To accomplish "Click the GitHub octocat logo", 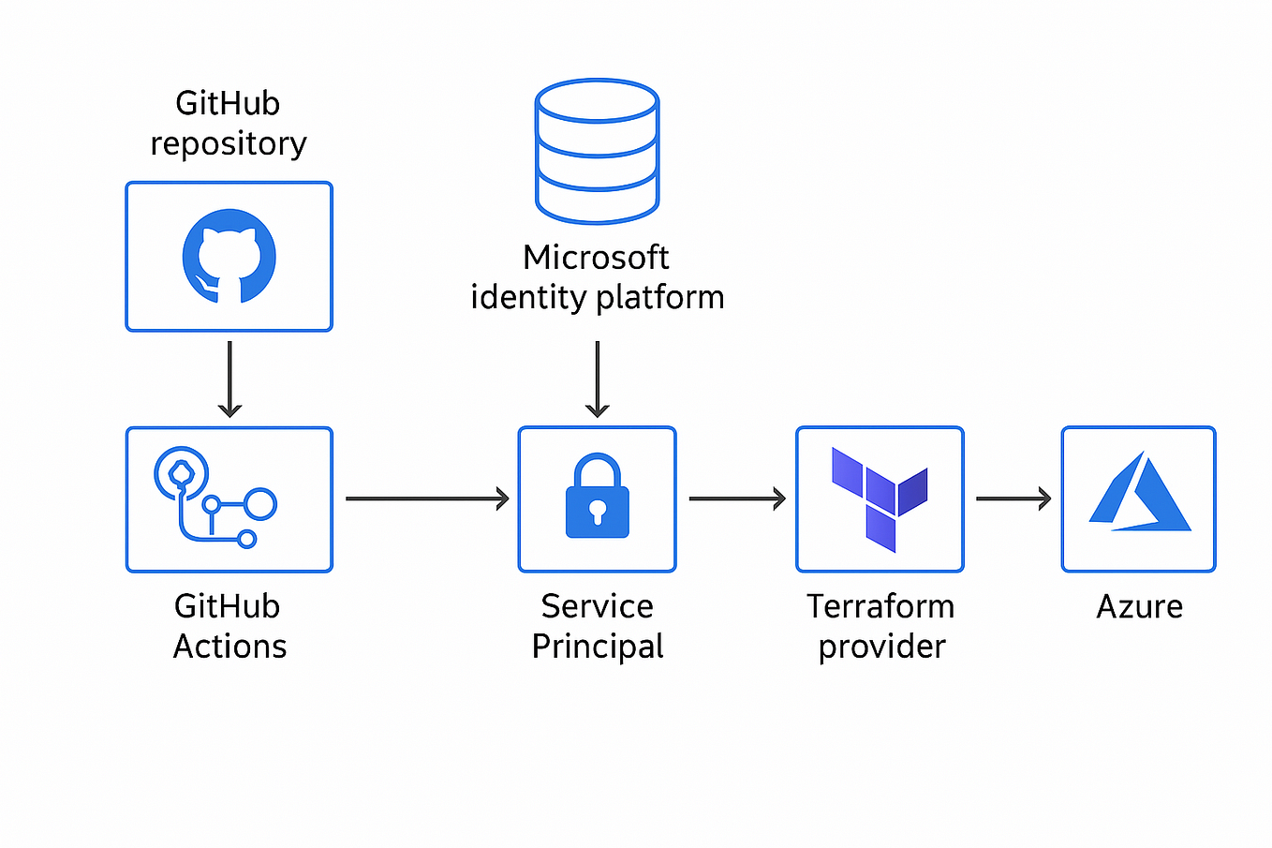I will pyautogui.click(x=229, y=257).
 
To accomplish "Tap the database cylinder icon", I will pyautogui.click(x=597, y=152).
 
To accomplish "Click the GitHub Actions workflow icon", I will pyautogui.click(x=215, y=498).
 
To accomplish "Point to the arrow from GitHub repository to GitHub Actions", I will pyautogui.click(x=229, y=379).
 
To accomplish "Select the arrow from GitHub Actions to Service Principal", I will pyautogui.click(x=426, y=498).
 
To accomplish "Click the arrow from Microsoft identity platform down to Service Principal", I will pyautogui.click(x=597, y=379).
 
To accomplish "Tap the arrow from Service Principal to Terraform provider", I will pyautogui.click(x=736, y=498).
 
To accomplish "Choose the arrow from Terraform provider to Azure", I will pyautogui.click(x=1013, y=498).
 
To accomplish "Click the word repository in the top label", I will pyautogui.click(x=229, y=144).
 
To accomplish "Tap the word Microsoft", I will pyautogui.click(x=596, y=257).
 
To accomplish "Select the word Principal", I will pyautogui.click(x=598, y=647).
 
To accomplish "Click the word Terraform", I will pyautogui.click(x=880, y=606).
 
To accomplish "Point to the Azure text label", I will pyautogui.click(x=1139, y=606).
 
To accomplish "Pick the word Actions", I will pyautogui.click(x=229, y=647).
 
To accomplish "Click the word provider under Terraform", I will pyautogui.click(x=881, y=647).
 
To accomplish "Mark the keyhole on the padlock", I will pyautogui.click(x=597, y=512).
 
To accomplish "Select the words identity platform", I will pyautogui.click(x=598, y=297).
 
